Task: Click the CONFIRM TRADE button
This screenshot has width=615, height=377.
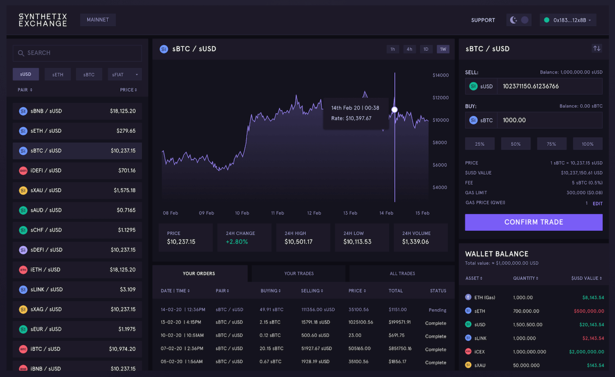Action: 533,222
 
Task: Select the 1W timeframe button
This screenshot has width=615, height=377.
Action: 443,49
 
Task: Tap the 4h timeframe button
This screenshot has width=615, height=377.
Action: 409,49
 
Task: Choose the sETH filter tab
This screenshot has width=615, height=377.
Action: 58,74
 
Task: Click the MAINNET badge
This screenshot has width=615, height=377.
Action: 98,20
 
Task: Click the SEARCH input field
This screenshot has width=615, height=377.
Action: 77,53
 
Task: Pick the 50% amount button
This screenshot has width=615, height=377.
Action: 516,144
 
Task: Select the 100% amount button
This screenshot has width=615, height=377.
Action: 587,144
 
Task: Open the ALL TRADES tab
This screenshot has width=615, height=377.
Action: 402,273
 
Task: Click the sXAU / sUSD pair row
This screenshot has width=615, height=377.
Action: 77,190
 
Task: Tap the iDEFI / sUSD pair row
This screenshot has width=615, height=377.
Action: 77,170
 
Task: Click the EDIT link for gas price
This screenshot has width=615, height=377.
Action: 598,203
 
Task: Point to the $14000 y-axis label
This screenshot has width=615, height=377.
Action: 440,75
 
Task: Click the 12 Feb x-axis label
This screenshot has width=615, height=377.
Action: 314,213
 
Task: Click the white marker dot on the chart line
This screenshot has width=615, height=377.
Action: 394,110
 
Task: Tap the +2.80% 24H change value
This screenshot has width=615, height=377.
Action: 237,242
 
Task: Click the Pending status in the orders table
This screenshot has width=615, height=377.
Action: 437,310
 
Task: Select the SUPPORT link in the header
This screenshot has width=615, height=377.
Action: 483,20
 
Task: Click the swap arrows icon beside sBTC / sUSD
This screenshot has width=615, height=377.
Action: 597,49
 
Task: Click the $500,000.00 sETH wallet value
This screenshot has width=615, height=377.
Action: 589,311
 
